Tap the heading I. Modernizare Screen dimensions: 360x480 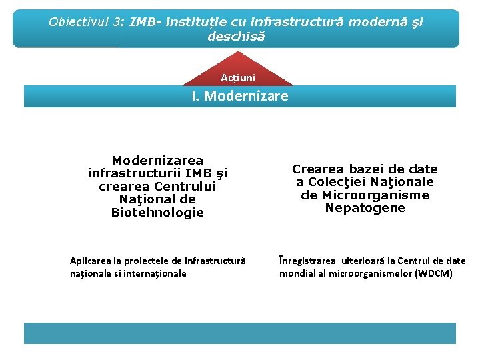tap(240, 96)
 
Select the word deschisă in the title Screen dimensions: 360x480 tap(236, 36)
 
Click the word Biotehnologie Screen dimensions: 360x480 tap(157, 213)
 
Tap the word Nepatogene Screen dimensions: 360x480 tap(365, 208)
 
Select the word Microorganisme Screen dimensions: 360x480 tap(365, 195)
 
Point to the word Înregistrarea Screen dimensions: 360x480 tap(309, 261)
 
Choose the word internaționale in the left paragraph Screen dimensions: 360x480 tap(155, 273)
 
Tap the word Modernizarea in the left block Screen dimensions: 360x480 tap(157, 161)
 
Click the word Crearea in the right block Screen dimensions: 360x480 tap(317, 169)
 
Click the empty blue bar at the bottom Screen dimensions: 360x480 tap(240, 333)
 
